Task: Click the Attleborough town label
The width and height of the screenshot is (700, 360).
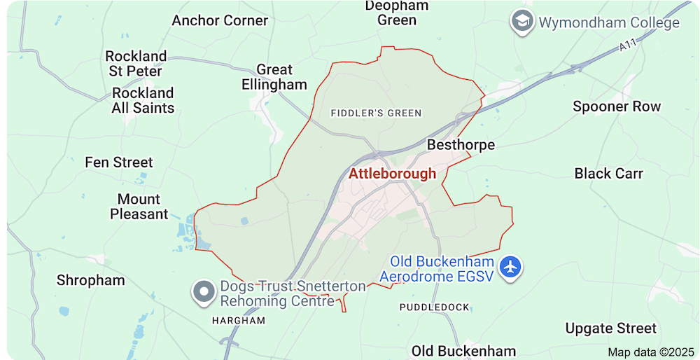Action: point(392,174)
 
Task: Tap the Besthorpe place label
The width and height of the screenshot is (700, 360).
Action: point(461,145)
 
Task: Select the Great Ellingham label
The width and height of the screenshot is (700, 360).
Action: point(274,77)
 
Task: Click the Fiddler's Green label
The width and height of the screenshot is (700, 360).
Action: point(376,113)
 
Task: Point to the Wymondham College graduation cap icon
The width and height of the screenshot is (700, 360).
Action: point(521,22)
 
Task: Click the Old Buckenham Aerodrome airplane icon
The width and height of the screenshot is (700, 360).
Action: point(512,267)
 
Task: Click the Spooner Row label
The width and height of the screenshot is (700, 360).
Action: point(617,106)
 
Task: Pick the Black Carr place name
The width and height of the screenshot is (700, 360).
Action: point(608,173)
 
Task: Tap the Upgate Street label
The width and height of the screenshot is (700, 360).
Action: point(611,328)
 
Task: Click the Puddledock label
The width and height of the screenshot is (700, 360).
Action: point(434,307)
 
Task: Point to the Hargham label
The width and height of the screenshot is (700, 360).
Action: point(239,320)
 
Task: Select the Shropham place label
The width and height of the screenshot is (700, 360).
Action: point(91,280)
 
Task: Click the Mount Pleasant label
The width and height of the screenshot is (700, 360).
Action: point(139,207)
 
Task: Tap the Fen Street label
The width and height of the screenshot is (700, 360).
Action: point(119,162)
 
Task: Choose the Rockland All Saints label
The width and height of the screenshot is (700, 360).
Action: point(143,100)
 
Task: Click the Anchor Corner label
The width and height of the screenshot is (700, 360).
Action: point(220,20)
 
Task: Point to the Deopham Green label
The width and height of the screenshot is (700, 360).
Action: point(397,13)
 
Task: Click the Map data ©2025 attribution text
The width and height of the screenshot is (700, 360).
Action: point(650,352)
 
